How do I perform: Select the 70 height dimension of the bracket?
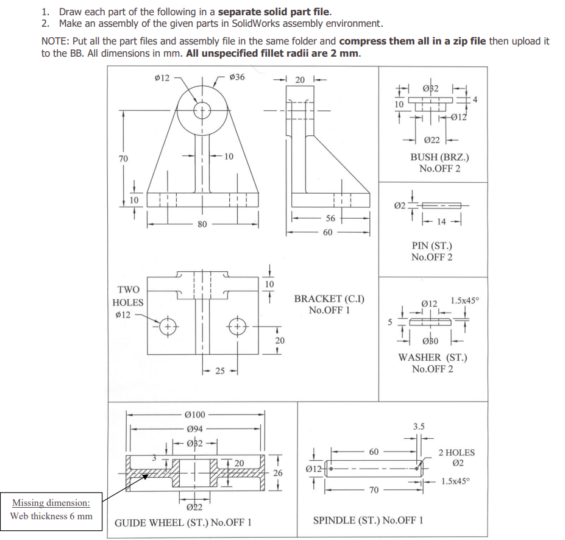tap(123, 158)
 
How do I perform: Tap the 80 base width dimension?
tap(201, 224)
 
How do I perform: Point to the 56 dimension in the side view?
tap(330, 218)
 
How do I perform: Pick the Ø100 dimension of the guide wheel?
tap(195, 415)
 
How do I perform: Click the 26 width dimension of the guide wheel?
tap(278, 473)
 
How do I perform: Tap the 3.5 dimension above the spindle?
tap(418, 427)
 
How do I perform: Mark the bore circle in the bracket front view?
tap(201, 112)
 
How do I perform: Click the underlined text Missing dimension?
tap(52, 503)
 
